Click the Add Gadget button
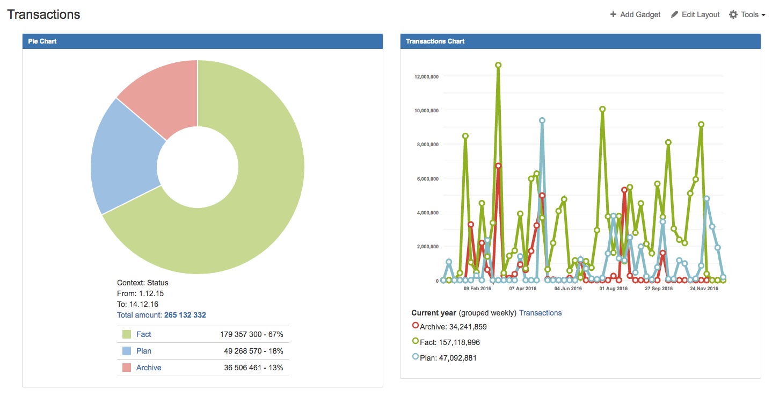[635, 15]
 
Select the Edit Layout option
[695, 15]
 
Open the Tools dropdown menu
[747, 15]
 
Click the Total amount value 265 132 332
[185, 315]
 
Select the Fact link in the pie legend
[143, 334]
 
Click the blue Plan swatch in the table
[127, 351]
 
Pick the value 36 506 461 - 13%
[253, 368]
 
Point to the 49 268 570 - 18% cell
[253, 351]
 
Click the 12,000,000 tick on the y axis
[426, 76]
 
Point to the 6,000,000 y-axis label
[428, 178]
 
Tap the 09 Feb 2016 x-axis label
[477, 289]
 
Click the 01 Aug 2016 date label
[614, 289]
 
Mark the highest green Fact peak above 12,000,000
[498, 65]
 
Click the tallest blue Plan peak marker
[542, 120]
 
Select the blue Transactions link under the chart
[540, 313]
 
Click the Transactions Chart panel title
[435, 41]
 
